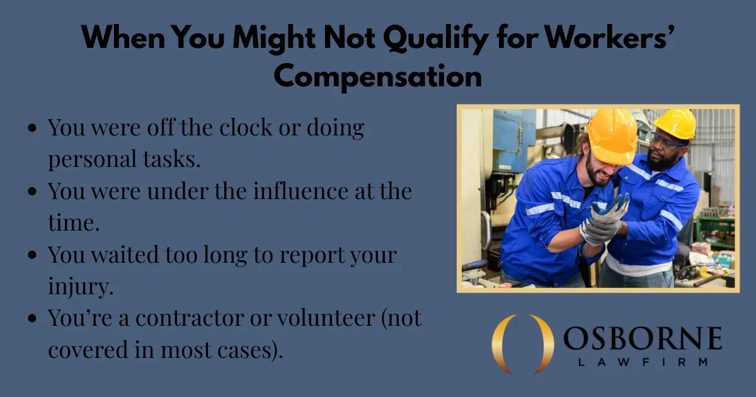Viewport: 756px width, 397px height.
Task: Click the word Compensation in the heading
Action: click(378, 77)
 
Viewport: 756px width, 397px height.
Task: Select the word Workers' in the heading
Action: click(605, 40)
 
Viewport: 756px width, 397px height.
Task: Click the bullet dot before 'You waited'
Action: click(33, 256)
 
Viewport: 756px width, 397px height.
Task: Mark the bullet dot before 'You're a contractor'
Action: click(33, 320)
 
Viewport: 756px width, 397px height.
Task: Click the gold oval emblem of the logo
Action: click(522, 344)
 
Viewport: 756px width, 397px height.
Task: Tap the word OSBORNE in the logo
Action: click(642, 340)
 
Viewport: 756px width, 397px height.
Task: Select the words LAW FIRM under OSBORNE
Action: click(642, 362)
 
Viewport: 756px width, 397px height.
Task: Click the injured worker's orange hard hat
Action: click(612, 135)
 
